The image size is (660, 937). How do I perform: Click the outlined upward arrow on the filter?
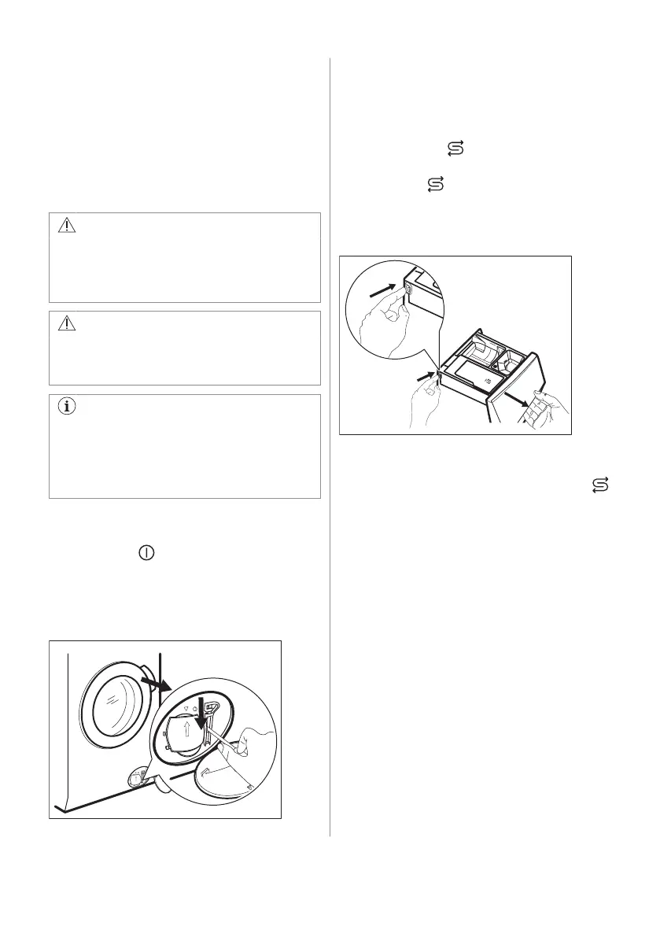click(186, 733)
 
